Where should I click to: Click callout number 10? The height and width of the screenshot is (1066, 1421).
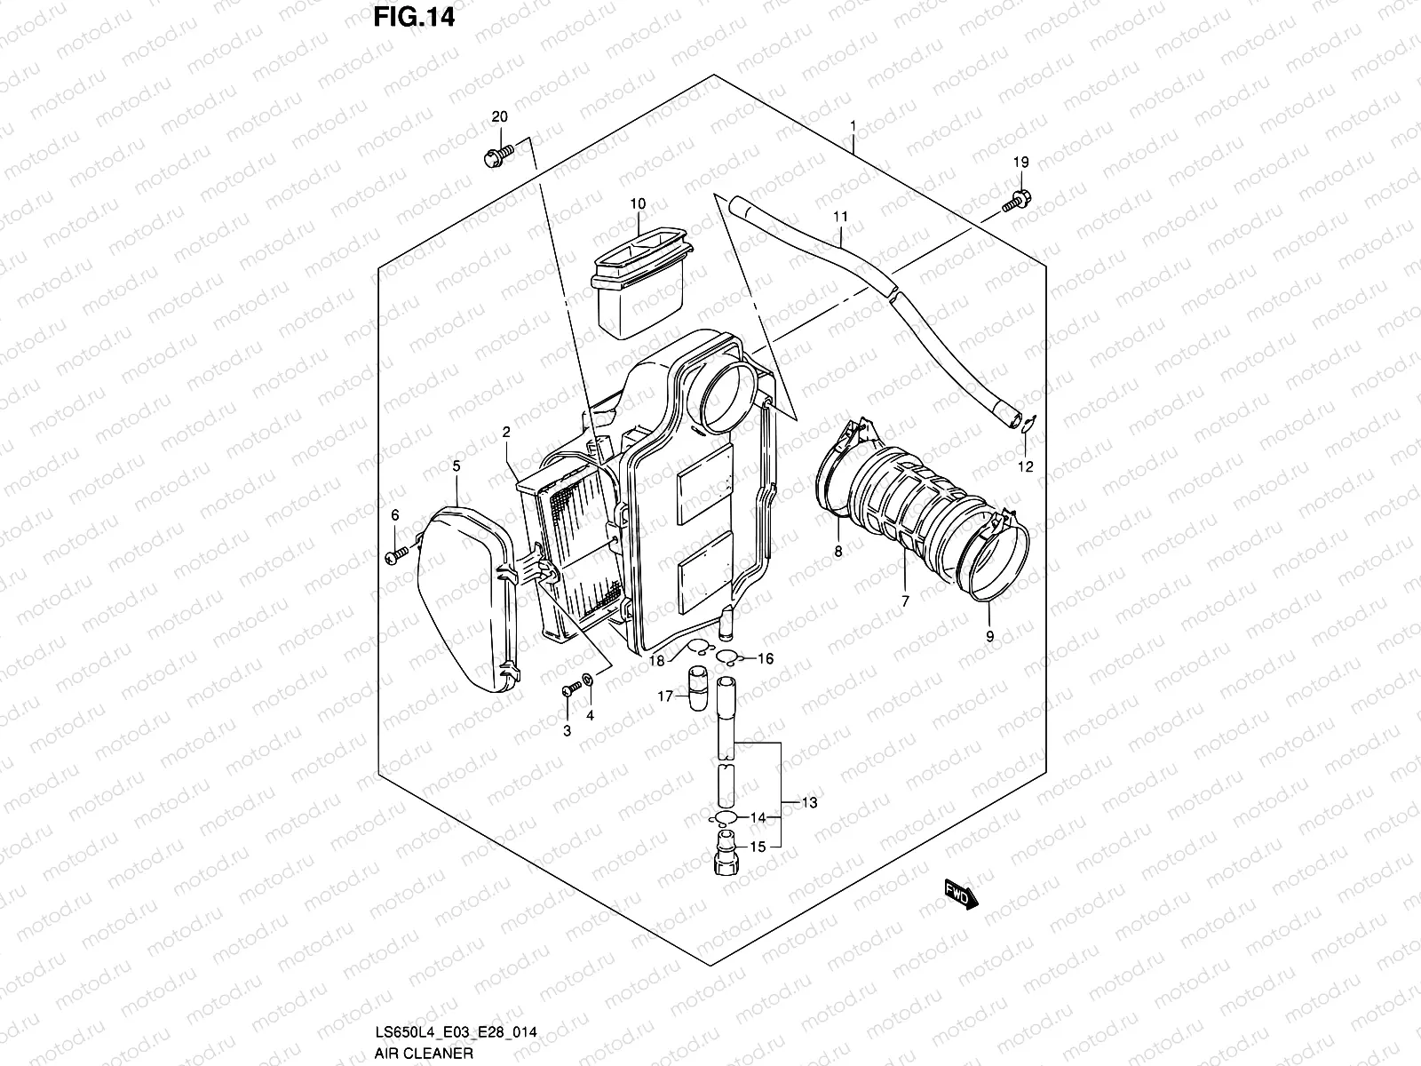click(x=638, y=204)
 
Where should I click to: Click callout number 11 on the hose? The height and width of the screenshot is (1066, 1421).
click(x=841, y=216)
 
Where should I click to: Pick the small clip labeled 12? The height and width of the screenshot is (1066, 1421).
click(x=1026, y=426)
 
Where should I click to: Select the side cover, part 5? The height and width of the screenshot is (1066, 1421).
click(x=466, y=604)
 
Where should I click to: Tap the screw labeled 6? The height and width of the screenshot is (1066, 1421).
click(x=396, y=555)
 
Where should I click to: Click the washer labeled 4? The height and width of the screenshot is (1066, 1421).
click(x=587, y=685)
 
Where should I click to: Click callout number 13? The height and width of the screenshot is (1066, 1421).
click(x=808, y=802)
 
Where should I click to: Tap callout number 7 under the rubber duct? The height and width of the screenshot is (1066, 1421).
click(x=905, y=601)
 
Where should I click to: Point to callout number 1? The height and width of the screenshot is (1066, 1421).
click(x=853, y=126)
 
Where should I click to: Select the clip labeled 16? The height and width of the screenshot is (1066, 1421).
click(x=729, y=658)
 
